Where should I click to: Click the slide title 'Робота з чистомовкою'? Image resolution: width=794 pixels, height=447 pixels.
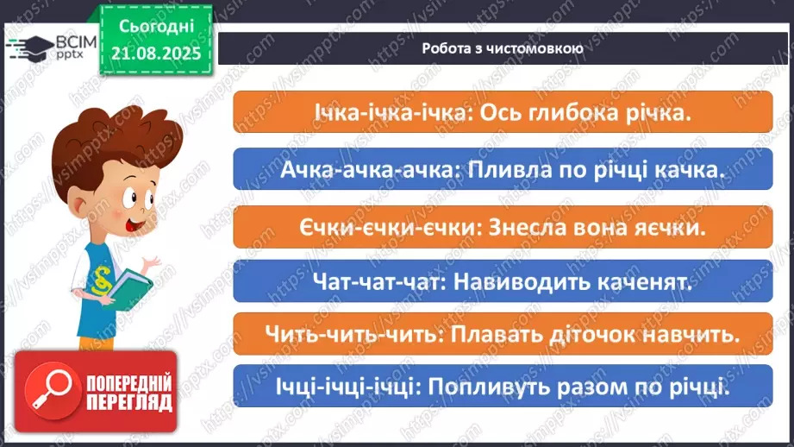[503, 47]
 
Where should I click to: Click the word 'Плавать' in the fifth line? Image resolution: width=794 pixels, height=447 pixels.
[504, 335]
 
